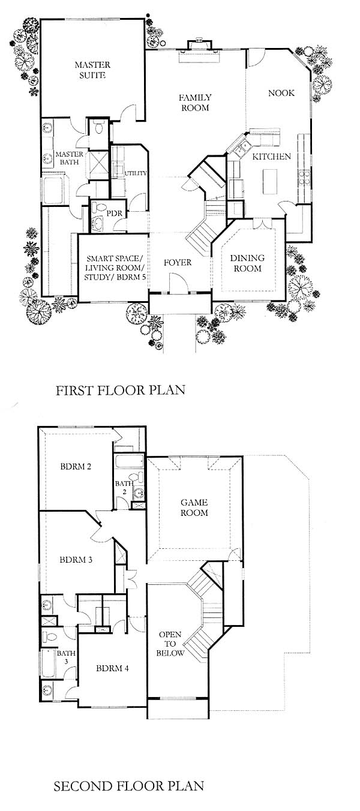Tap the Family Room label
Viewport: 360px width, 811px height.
pyautogui.click(x=195, y=103)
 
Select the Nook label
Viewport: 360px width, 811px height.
pyautogui.click(x=281, y=93)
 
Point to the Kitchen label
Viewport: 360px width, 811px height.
pyautogui.click(x=271, y=157)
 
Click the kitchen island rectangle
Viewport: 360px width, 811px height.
pyautogui.click(x=270, y=181)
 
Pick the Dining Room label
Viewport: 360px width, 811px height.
pyautogui.click(x=247, y=263)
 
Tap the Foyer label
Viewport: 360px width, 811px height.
pyautogui.click(x=178, y=262)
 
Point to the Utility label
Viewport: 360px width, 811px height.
pyautogui.click(x=136, y=173)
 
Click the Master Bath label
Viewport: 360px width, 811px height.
pyautogui.click(x=69, y=158)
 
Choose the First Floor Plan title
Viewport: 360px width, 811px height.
pyautogui.click(x=120, y=390)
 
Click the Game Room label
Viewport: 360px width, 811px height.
pyautogui.click(x=194, y=507)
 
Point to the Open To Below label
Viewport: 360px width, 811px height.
pyautogui.click(x=170, y=644)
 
